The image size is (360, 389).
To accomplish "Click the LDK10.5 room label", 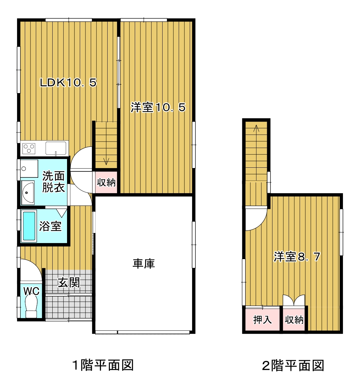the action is (x=68, y=82).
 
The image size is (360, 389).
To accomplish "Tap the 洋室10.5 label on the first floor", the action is (x=158, y=107).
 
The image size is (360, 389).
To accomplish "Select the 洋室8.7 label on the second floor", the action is (x=297, y=256).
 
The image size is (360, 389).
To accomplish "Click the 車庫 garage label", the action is (x=143, y=263).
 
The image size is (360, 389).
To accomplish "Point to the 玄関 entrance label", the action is (x=69, y=282).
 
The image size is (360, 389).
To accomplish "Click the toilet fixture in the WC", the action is (x=31, y=307).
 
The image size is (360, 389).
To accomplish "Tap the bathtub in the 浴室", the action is (x=29, y=226).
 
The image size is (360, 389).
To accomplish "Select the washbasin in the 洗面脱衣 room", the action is (x=27, y=192).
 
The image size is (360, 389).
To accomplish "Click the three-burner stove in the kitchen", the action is (x=29, y=149).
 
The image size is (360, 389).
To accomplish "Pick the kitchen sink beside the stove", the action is (x=56, y=148).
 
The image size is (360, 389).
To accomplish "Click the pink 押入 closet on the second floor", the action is (x=262, y=319).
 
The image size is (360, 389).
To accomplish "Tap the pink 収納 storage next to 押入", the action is (x=294, y=319).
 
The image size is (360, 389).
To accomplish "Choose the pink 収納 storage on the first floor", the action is (x=106, y=182).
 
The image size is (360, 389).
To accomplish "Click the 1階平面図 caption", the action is (x=103, y=365).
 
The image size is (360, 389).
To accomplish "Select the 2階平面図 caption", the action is (x=293, y=366).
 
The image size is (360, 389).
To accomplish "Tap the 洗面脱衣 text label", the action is (x=53, y=181).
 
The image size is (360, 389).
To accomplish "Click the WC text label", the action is (x=31, y=291).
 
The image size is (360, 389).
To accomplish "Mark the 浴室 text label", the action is (x=50, y=226).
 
